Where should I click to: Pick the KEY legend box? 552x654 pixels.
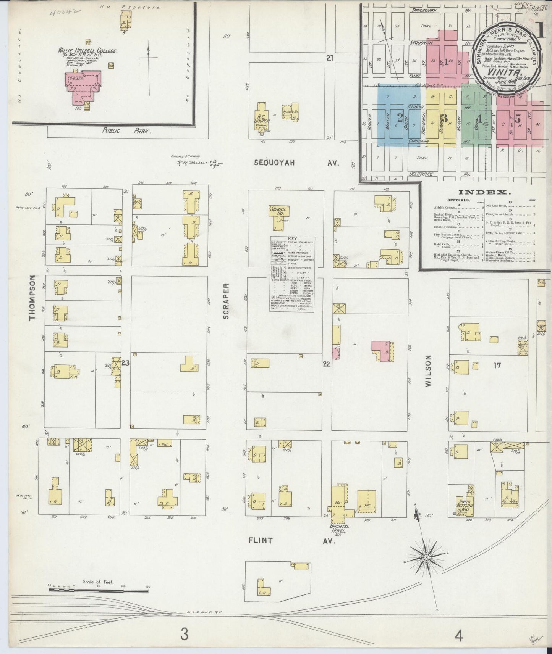(x=293, y=274)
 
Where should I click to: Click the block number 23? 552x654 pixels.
(x=125, y=363)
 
